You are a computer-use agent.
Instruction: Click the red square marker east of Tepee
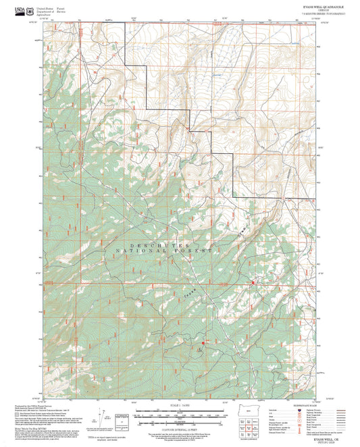click(x=253, y=282)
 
